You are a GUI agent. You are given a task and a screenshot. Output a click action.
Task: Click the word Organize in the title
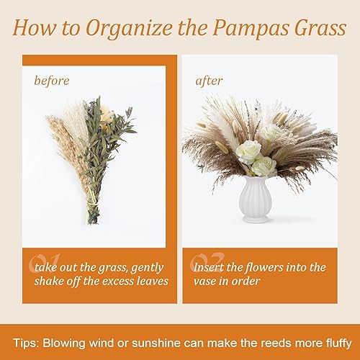(x=129, y=29)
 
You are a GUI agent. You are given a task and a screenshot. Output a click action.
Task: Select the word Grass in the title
(x=320, y=27)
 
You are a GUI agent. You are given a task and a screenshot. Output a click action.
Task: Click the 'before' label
(x=52, y=81)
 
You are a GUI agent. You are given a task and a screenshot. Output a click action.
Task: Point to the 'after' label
(x=209, y=81)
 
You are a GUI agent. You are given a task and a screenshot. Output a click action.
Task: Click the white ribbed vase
(x=254, y=199)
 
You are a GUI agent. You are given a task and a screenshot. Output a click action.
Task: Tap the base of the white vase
(x=254, y=219)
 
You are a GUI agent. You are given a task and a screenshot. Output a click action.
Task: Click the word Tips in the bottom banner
(x=26, y=343)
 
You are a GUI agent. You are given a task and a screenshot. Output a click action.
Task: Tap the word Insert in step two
(x=208, y=267)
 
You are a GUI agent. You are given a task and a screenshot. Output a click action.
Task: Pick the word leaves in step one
(x=153, y=282)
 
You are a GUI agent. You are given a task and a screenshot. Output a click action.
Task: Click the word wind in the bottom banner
(x=102, y=343)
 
